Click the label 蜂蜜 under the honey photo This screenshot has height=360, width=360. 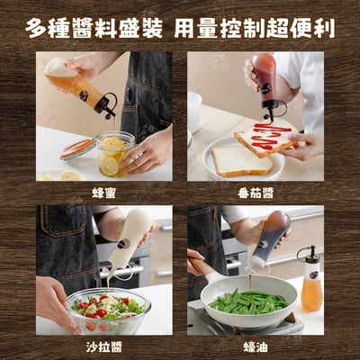coord(103,193)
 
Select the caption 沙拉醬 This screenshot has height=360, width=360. coord(103,347)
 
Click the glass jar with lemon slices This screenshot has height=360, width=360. coord(113,155)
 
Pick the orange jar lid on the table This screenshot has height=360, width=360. coord(76,148)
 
